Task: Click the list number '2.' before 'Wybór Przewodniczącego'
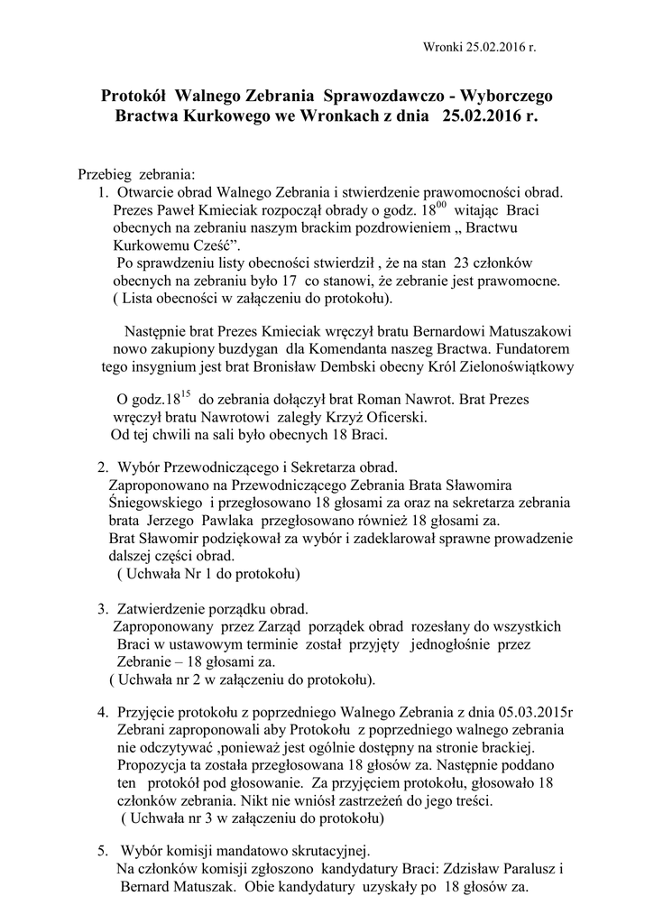coord(103,467)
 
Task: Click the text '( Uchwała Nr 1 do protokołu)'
coord(208,573)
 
